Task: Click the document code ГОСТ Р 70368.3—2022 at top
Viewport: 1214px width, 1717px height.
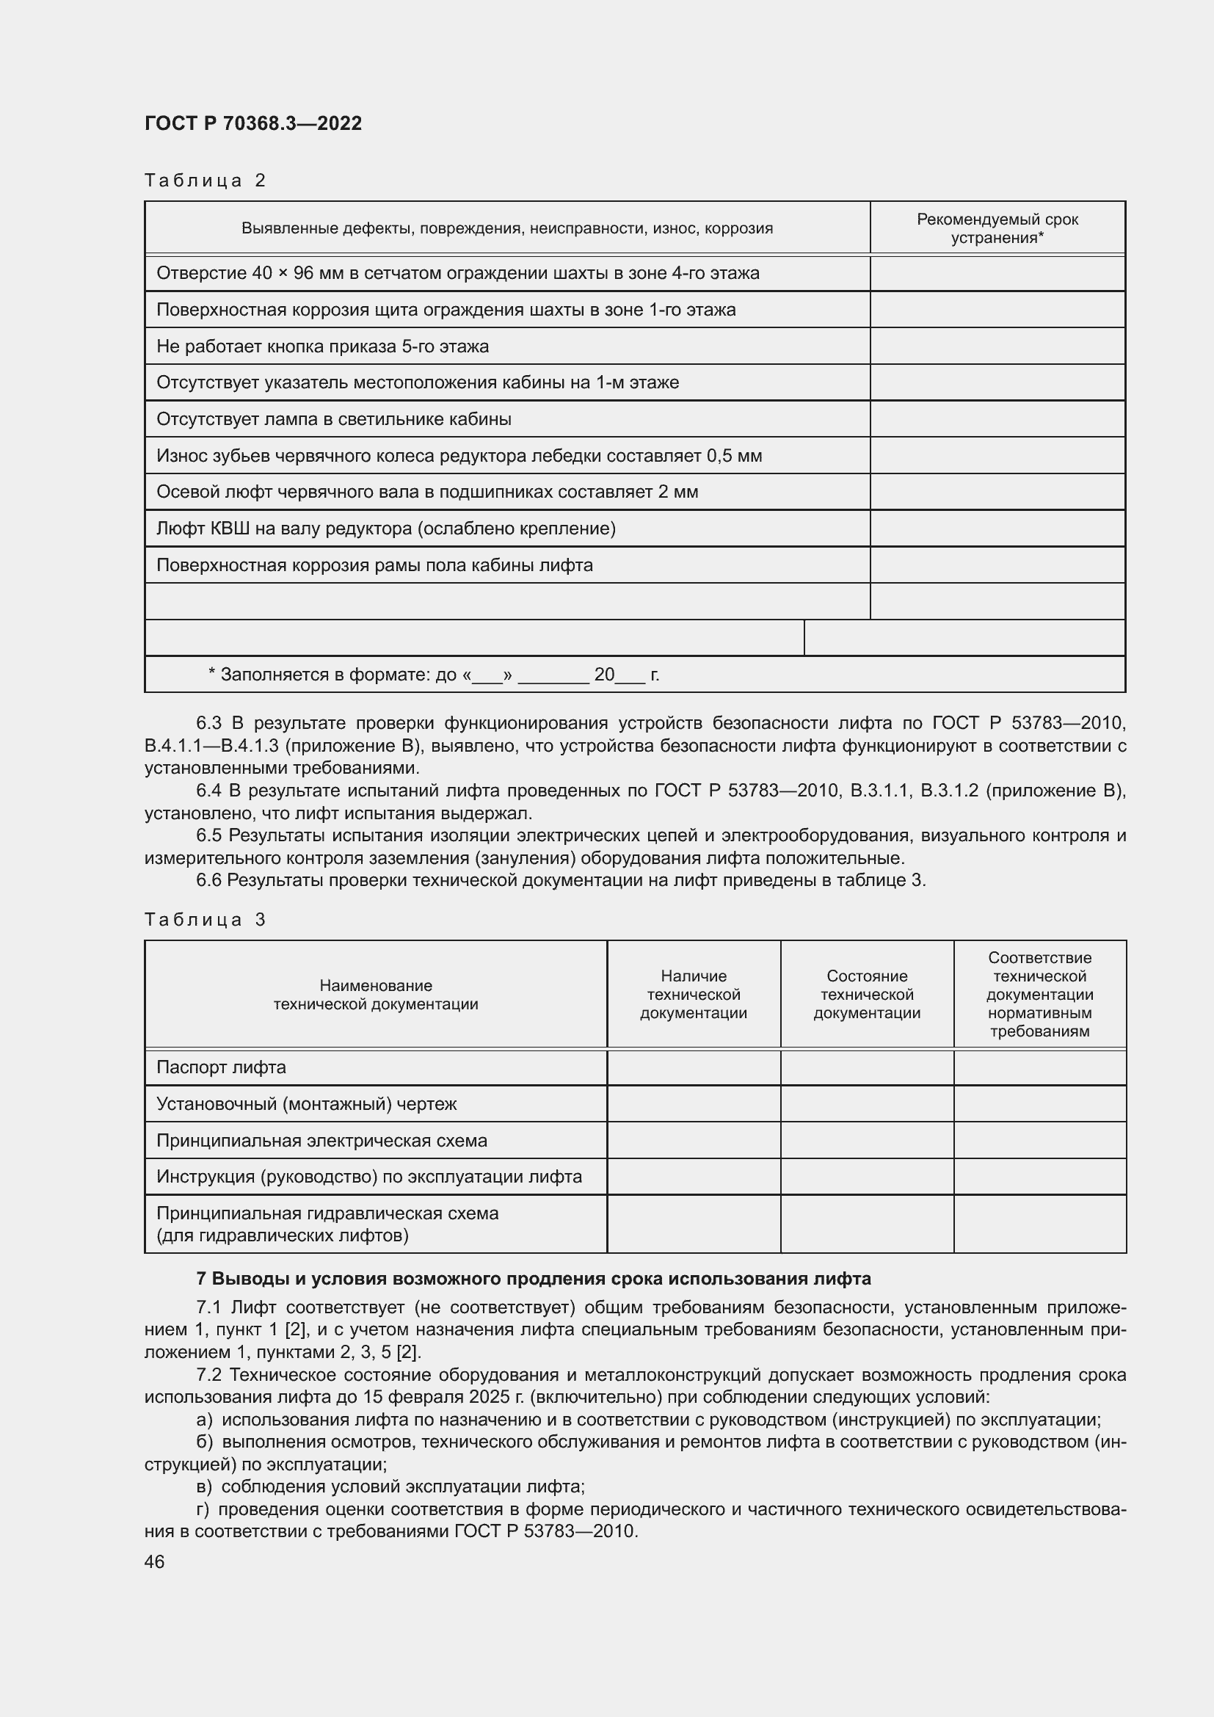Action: [x=252, y=123]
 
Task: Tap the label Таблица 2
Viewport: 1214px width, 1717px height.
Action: [x=205, y=181]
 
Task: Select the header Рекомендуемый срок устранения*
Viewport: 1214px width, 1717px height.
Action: [x=997, y=228]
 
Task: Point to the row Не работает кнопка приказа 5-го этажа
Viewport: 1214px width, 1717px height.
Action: [x=322, y=346]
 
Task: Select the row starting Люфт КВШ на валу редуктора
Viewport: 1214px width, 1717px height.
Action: [x=386, y=529]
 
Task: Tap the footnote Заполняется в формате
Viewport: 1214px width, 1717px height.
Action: [x=434, y=675]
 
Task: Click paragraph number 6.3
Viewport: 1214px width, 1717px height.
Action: [x=208, y=723]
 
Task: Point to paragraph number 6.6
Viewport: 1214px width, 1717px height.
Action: [x=208, y=880]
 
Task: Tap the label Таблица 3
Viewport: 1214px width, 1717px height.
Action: [x=205, y=919]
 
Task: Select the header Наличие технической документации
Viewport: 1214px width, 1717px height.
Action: [x=693, y=995]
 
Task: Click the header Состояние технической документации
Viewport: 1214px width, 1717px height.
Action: [x=866, y=995]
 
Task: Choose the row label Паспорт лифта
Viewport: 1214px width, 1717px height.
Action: [x=221, y=1067]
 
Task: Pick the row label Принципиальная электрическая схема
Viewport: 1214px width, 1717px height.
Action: [x=321, y=1141]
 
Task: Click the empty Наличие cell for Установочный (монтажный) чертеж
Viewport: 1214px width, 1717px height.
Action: [x=693, y=1104]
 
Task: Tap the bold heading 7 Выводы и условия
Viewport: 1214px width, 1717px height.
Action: [x=533, y=1279]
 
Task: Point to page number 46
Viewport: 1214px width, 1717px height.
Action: [x=154, y=1562]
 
